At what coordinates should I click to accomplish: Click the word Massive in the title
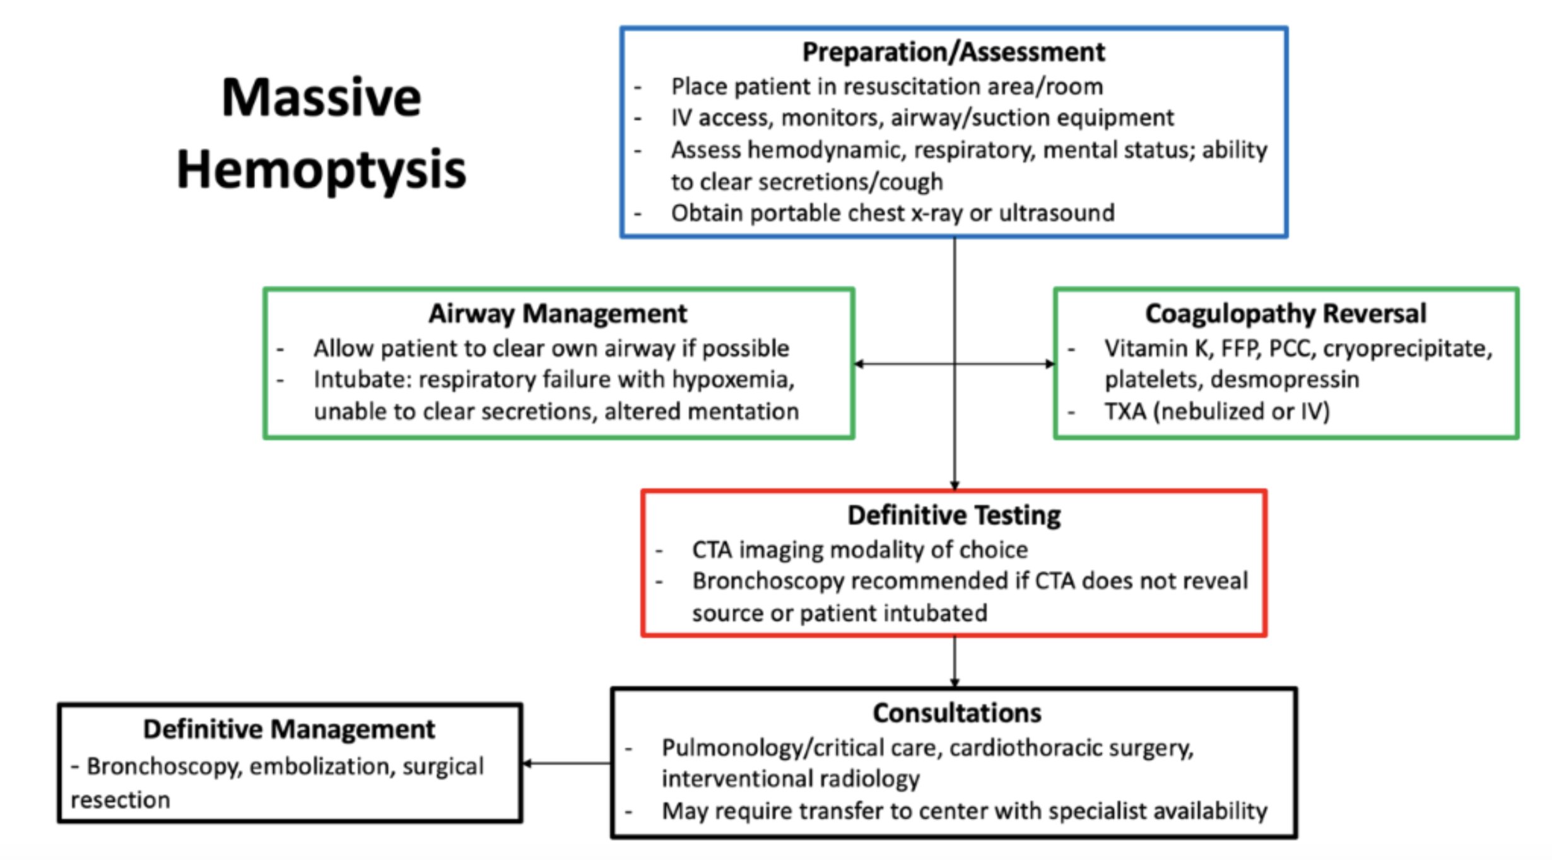point(321,98)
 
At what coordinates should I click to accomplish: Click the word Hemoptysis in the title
point(321,170)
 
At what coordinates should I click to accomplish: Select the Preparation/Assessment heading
point(953,52)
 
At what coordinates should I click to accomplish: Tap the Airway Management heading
point(558,313)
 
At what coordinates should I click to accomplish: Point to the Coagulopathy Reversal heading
point(1286,313)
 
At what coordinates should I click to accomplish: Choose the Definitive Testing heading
point(954,515)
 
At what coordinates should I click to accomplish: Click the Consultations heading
point(957,713)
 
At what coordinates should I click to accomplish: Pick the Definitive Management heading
point(289,729)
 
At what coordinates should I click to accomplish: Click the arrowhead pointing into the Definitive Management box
point(527,764)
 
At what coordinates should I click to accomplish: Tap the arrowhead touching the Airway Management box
point(859,364)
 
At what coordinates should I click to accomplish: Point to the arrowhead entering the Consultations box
point(955,683)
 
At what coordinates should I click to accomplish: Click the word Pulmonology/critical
point(799,748)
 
